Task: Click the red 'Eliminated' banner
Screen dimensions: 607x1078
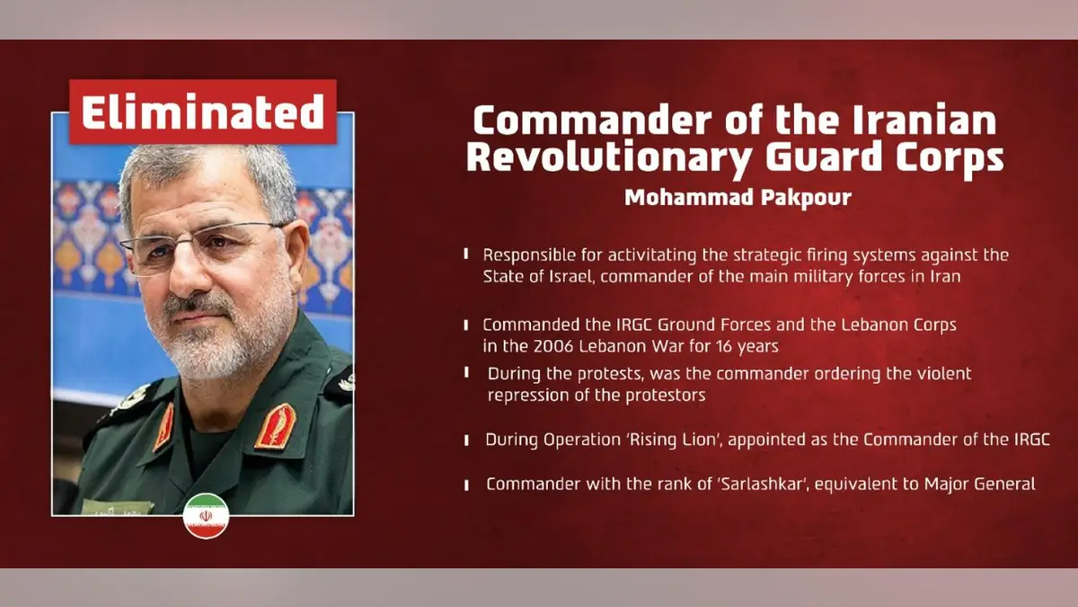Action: pyautogui.click(x=203, y=112)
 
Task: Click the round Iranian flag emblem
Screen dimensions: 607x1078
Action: pyautogui.click(x=206, y=516)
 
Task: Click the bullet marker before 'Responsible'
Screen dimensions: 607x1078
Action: pyautogui.click(x=466, y=255)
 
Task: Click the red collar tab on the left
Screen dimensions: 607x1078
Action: pyautogui.click(x=163, y=427)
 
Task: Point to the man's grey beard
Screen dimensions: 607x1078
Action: pyautogui.click(x=216, y=342)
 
